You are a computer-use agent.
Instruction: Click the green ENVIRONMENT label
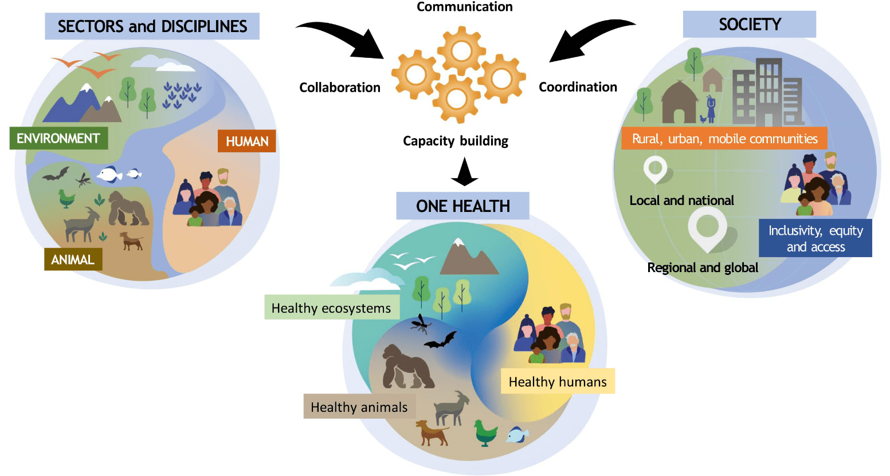59,138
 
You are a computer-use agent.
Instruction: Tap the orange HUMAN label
247,141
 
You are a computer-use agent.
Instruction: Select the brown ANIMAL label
73,259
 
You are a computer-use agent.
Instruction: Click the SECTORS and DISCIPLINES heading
152,26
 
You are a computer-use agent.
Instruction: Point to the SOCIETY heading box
750,24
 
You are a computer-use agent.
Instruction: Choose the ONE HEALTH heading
463,206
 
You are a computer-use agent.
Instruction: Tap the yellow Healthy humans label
558,381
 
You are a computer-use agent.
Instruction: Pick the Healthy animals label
359,407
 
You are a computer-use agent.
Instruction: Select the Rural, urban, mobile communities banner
724,139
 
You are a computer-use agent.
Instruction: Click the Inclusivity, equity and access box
815,238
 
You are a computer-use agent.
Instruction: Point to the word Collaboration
340,87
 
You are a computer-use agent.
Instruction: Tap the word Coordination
578,87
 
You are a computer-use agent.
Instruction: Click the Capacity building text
456,141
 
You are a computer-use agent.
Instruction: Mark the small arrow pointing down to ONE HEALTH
464,172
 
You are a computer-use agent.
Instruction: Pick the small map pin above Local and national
655,170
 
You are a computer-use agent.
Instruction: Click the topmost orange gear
461,51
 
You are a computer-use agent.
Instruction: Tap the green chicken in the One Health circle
485,432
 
